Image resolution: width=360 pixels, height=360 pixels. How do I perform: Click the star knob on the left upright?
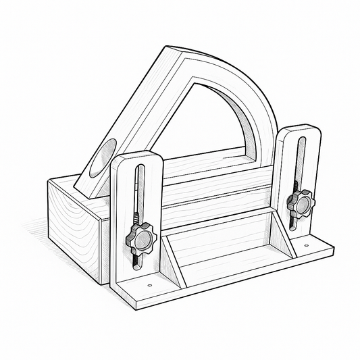(138, 237)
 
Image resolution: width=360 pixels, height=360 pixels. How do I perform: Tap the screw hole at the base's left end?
(149, 284)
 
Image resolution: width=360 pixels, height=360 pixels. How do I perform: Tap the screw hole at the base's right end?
(306, 246)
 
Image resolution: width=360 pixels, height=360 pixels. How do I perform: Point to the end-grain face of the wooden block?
(70, 223)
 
